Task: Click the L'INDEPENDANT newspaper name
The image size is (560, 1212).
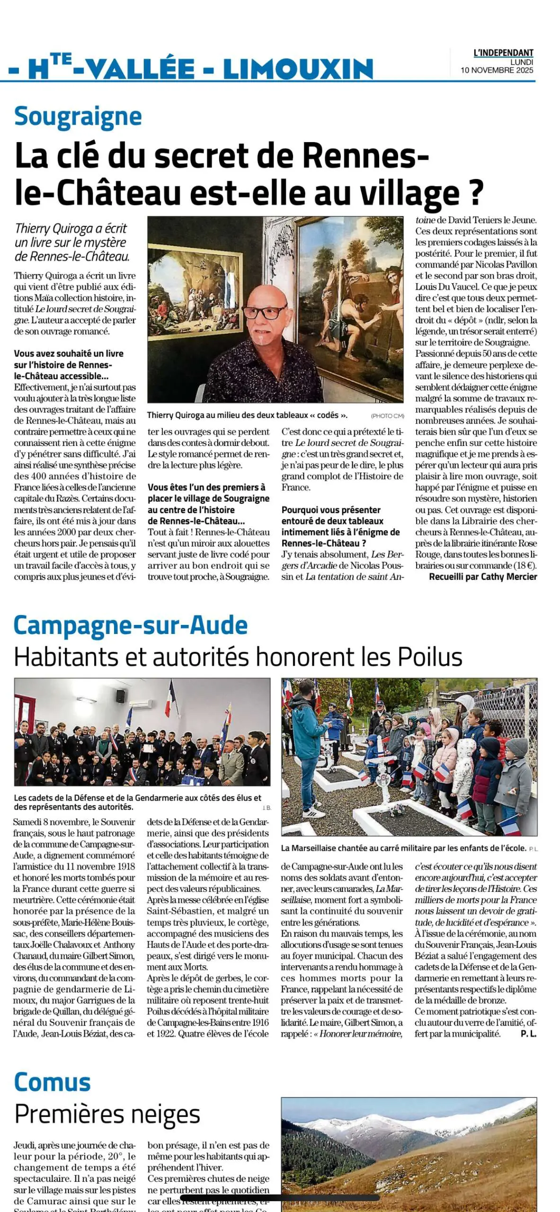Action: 503,53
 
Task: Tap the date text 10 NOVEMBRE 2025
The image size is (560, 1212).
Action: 497,70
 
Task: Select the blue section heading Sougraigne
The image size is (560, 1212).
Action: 78,116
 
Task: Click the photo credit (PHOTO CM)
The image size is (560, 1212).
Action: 387,416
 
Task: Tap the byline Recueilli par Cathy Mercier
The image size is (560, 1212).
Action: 483,577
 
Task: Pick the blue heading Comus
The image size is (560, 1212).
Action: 53,1082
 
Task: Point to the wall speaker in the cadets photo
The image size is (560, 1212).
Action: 121,696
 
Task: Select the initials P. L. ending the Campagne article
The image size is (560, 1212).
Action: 528,1034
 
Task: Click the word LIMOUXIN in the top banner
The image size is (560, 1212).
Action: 298,69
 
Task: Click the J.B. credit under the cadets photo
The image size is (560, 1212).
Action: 267,808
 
